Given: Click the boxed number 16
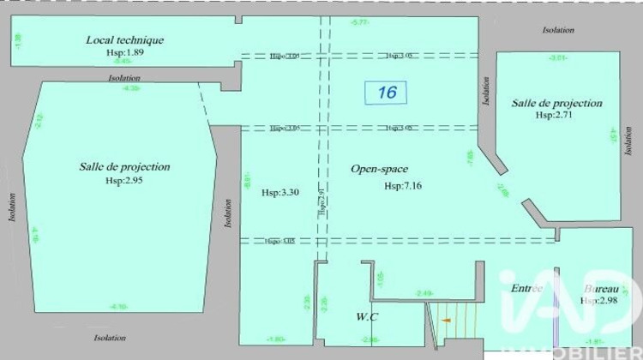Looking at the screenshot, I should click(387, 92).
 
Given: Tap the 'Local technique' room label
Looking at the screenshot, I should click(125, 39).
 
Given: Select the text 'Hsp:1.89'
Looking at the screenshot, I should click(125, 53).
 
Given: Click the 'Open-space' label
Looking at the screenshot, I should click(379, 169).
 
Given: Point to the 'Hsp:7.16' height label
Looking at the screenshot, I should click(403, 185).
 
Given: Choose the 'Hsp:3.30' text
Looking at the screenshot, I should click(280, 192).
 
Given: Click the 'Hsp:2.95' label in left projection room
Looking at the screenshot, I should click(125, 181).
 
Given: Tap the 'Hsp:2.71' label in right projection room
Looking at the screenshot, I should click(556, 115).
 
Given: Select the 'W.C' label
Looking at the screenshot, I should click(368, 317).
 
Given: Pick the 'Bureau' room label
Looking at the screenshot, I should click(601, 289).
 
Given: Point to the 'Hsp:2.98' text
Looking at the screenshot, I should click(599, 301).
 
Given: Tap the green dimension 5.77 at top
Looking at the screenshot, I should click(359, 23).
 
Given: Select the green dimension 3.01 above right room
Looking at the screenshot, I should click(557, 57).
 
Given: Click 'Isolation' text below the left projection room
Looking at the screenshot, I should click(111, 338).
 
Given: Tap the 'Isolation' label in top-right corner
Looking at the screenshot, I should click(558, 30).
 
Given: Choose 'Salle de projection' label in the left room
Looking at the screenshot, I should click(125, 167).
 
